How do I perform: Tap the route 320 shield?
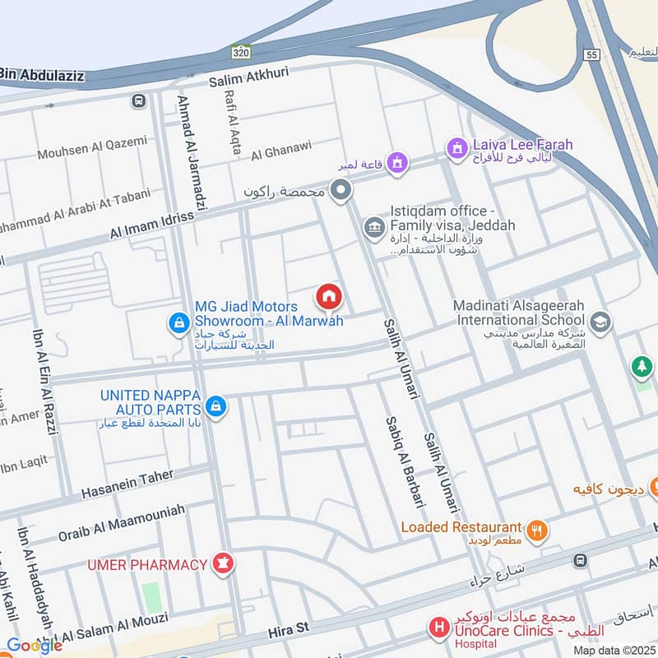coord(239,52)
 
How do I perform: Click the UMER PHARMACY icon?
coord(222,564)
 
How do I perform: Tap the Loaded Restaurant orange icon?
coord(536,531)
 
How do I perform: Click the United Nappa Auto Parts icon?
coord(216,405)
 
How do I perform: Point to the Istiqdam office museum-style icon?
coord(373,225)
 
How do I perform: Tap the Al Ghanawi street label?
coord(281,152)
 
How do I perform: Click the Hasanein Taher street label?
coord(127,485)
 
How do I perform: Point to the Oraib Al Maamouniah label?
coord(121,522)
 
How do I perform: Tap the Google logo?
coord(34,646)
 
